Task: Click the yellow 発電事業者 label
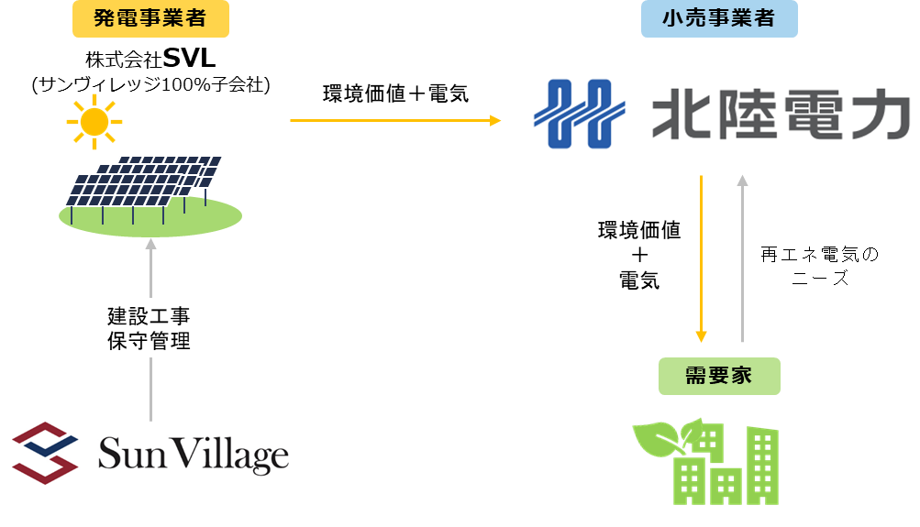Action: (150, 18)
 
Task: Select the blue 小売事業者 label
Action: (718, 18)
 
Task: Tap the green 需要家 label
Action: (719, 376)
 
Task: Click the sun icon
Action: (94, 121)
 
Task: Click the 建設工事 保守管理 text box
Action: (149, 328)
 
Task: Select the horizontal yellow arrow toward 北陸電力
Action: (394, 120)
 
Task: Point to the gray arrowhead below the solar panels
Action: (150, 244)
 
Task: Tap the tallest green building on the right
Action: (761, 465)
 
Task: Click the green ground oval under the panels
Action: (150, 219)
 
